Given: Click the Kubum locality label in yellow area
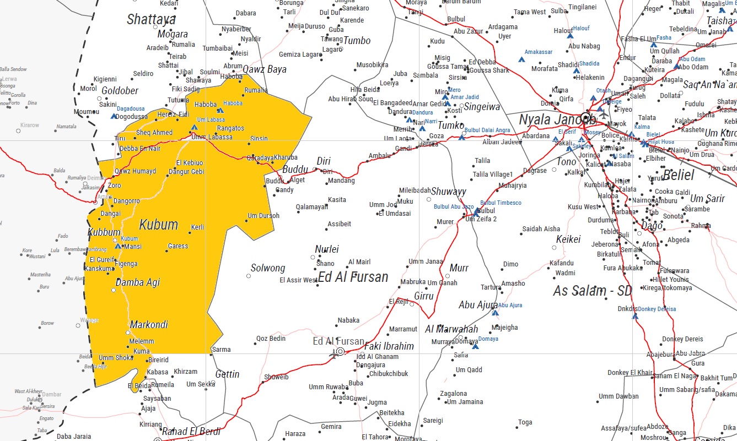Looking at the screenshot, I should pos(158,225).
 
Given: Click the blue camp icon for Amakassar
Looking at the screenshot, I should pos(521,59).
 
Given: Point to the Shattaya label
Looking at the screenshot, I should pos(151,20).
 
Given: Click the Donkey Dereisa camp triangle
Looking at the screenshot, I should pos(634,316).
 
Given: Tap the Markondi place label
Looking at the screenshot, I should pos(149,325).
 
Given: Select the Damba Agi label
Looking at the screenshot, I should pos(137,282).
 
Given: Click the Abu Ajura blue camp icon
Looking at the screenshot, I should pos(494,313).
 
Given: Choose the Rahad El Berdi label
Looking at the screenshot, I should pos(191,432).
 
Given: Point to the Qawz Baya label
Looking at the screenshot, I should pos(265,69).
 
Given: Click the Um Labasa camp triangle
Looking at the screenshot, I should pos(193,127).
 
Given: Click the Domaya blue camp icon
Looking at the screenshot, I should pos(475,346).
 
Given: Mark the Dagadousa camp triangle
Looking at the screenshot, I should pos(114,116).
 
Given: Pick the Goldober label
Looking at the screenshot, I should pos(120,91).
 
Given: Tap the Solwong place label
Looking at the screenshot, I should pos(268,268).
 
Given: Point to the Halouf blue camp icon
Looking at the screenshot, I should pos(570,35).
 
